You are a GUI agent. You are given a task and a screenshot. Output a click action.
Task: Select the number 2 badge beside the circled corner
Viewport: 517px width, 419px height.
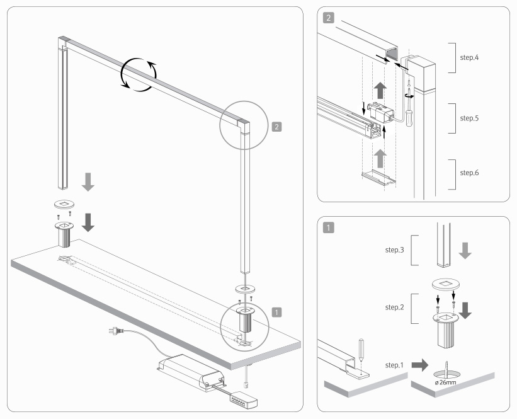[277, 126]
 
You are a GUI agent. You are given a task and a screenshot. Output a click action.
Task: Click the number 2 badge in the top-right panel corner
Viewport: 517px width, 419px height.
[329, 18]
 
